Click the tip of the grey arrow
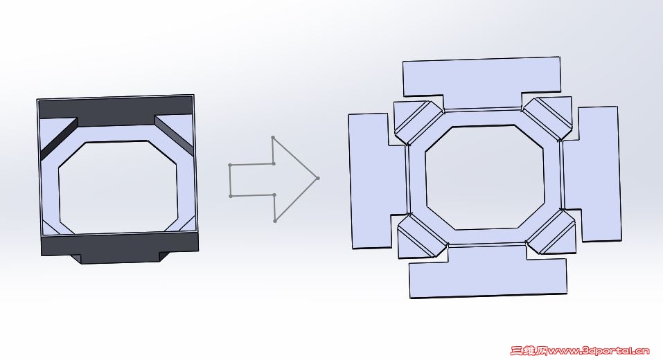point(318,179)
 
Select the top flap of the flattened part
point(482,78)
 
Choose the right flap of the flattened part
point(599,173)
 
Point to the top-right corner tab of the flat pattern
point(549,116)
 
